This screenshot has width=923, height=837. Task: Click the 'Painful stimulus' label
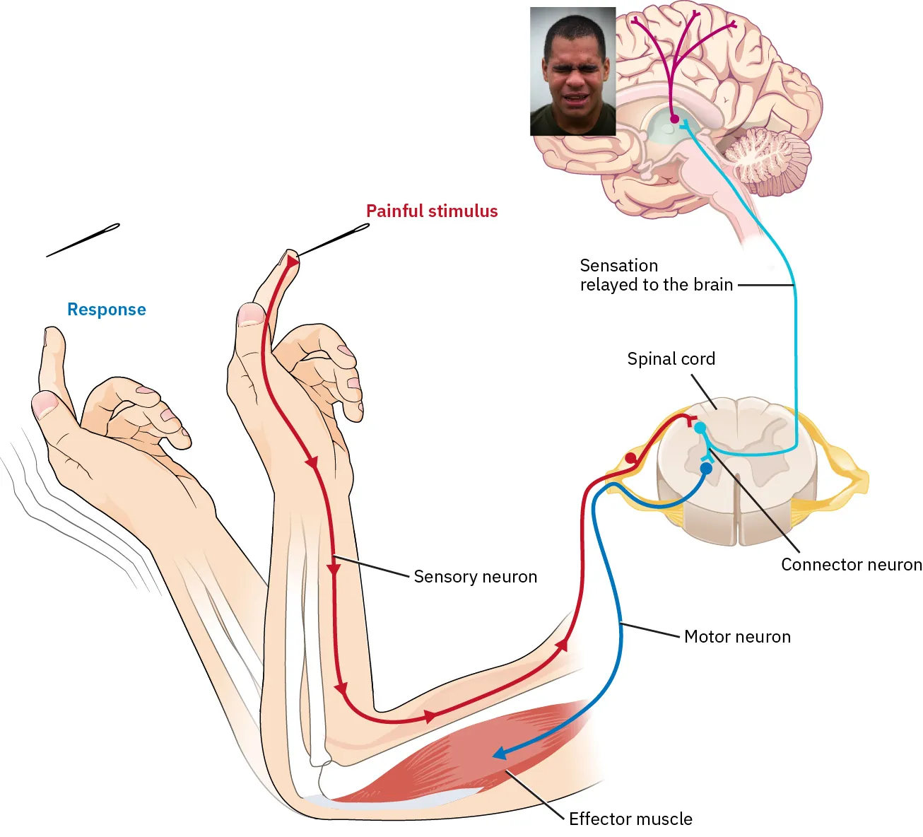click(432, 211)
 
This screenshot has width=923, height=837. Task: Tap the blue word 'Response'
click(106, 310)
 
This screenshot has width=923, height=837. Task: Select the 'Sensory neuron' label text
click(475, 577)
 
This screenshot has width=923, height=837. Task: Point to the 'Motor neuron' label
click(737, 637)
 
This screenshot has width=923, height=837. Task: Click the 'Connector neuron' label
click(851, 565)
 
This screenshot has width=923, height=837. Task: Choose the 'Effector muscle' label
click(630, 819)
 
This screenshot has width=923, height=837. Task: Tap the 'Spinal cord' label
click(671, 359)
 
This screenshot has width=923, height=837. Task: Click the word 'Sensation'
click(618, 266)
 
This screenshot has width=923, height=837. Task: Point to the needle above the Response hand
click(83, 240)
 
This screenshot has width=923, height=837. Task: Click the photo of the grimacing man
click(572, 71)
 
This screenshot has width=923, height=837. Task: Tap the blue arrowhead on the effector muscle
click(500, 754)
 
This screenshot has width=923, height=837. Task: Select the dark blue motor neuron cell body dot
click(705, 469)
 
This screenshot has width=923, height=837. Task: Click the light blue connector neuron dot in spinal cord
click(700, 428)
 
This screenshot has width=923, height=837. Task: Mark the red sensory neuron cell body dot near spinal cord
click(630, 459)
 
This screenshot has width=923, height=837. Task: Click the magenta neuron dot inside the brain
click(674, 119)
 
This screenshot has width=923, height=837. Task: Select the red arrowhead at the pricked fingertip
click(292, 262)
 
